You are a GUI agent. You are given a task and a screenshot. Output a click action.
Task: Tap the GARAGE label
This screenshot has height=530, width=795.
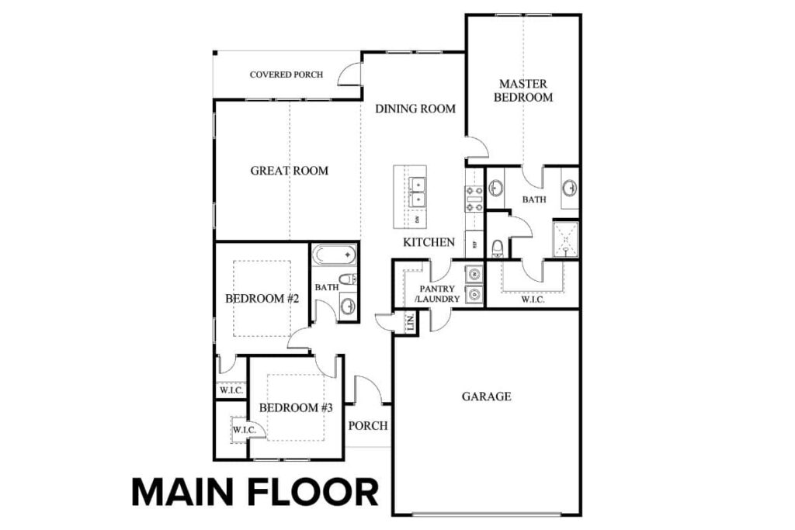487,397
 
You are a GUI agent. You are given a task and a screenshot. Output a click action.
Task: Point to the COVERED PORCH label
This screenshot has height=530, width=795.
286,75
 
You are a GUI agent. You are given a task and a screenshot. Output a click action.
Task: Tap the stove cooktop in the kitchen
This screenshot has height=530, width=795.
474,199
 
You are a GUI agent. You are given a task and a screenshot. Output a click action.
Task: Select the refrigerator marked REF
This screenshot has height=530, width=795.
474,243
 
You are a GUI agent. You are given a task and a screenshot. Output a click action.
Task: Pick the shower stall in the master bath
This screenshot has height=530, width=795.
565,239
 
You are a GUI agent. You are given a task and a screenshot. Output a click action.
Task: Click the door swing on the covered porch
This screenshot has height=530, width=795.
350,74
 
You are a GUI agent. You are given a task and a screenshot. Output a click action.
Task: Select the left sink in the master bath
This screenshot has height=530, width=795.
496,189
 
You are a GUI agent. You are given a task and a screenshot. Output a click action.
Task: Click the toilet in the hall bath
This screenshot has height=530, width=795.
347,279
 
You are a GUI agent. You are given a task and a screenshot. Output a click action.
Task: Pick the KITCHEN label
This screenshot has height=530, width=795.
429,242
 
